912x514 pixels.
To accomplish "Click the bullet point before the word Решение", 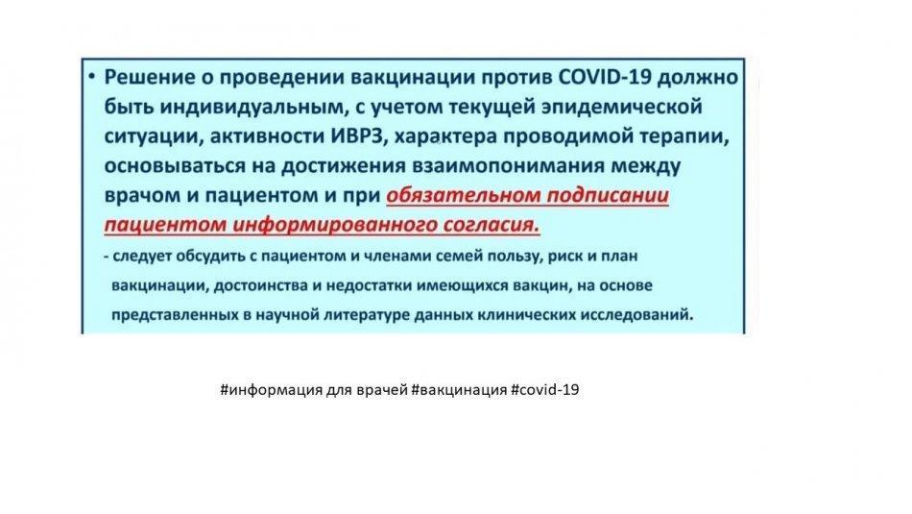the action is [92, 76].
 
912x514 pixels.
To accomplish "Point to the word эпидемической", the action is [622, 107].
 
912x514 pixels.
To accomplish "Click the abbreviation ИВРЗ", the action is [360, 136].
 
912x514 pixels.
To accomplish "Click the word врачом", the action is [142, 195].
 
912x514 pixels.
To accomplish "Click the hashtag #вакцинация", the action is [459, 389].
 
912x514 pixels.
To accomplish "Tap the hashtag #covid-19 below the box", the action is [545, 389].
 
